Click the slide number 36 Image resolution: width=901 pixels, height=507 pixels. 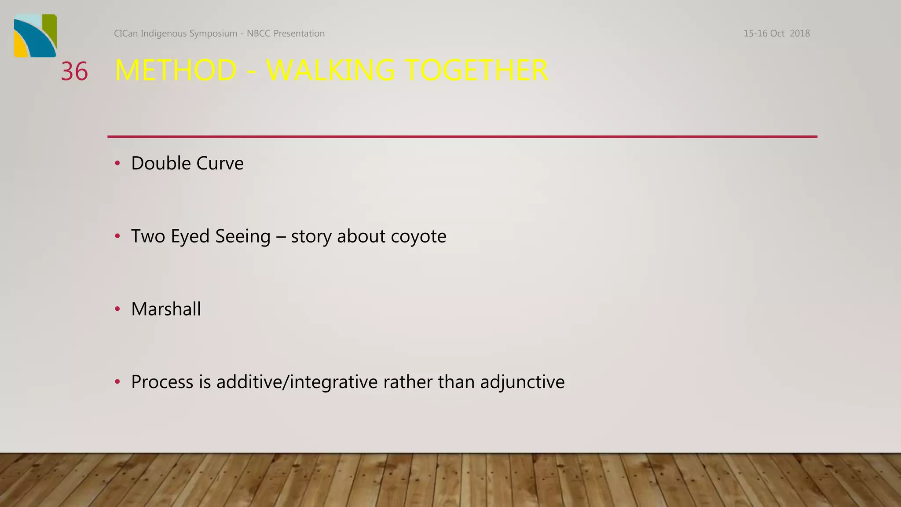74,71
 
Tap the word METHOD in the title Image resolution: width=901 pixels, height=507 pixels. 176,70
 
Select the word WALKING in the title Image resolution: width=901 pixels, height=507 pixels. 330,70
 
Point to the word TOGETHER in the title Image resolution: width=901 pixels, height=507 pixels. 476,70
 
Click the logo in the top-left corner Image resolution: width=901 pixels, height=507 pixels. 35,36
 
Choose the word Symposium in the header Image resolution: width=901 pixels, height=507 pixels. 213,33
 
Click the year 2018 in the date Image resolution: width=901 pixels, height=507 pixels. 799,33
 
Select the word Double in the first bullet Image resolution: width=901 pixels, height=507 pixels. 161,163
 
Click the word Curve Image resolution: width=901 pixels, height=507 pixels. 220,163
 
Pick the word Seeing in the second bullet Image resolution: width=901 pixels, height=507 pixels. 243,236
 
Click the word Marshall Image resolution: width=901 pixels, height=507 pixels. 166,309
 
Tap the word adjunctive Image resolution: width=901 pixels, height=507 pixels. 522,382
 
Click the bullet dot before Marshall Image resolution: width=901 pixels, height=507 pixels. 117,309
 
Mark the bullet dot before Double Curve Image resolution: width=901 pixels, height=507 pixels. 117,163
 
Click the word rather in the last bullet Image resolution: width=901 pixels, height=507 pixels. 408,382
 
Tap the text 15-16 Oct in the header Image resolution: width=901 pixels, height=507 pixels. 764,33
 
